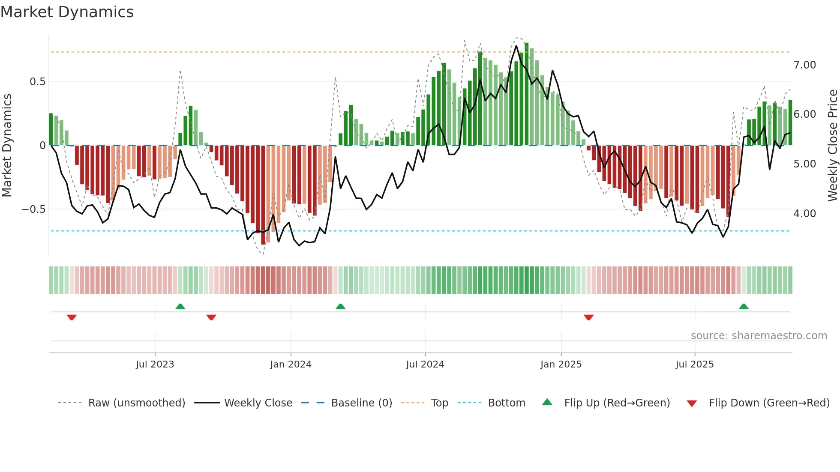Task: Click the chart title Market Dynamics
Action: point(67,12)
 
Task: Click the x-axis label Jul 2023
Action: point(155,364)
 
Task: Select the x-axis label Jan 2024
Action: point(291,364)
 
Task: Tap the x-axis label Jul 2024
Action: point(425,364)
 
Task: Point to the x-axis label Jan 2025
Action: point(561,364)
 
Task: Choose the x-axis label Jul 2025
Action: point(694,364)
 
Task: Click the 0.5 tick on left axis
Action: point(37,82)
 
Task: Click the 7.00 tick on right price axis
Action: point(804,65)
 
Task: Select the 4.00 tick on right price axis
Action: point(804,214)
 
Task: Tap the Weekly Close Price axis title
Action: point(832,146)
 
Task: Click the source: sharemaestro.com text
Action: point(759,336)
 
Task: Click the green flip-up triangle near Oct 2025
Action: point(744,307)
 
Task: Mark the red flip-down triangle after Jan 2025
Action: point(588,317)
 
